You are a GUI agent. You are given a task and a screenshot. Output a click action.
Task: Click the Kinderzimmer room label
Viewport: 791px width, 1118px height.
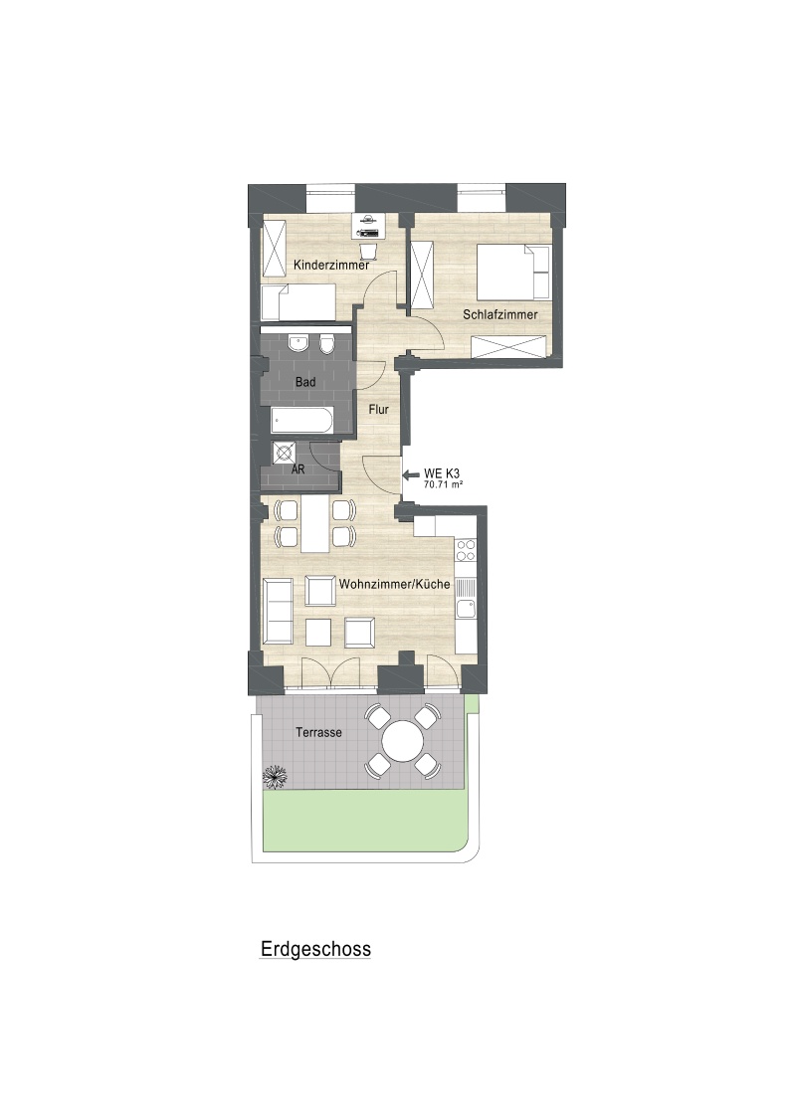click(x=331, y=266)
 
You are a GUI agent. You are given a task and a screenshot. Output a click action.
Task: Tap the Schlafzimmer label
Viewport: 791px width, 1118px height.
click(x=500, y=314)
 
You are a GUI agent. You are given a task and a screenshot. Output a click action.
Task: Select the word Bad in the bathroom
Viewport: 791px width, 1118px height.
click(x=305, y=382)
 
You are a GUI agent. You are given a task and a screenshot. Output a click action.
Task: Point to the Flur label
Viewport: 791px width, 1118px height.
click(x=379, y=409)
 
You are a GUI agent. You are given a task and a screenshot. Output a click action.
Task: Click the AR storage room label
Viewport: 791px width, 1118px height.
click(x=298, y=469)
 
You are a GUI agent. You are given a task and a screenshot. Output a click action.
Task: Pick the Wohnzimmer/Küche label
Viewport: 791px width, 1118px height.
click(x=394, y=584)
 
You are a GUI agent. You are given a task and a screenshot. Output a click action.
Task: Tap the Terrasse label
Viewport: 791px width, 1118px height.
click(x=318, y=732)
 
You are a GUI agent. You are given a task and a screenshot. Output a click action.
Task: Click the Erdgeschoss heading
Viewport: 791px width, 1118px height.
click(x=315, y=949)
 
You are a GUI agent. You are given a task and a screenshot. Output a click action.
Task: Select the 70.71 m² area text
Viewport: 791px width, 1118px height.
click(x=444, y=484)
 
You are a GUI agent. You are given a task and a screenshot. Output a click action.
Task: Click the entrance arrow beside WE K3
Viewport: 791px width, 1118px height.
click(x=411, y=474)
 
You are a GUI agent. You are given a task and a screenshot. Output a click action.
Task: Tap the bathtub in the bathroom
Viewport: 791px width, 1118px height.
click(x=301, y=421)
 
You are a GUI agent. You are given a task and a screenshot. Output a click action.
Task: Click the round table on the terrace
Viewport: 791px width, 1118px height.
click(x=403, y=741)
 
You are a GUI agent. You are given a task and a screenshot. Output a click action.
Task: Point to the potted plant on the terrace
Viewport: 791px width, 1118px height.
click(x=275, y=776)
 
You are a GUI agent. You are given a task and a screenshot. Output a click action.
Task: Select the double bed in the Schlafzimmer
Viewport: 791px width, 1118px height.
click(x=514, y=272)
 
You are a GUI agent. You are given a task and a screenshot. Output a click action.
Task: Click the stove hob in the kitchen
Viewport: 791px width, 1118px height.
click(x=466, y=550)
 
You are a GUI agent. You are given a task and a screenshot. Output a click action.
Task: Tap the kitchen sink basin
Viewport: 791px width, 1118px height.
click(x=466, y=609)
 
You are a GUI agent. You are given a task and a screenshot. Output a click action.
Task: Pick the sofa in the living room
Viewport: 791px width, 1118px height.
click(x=277, y=611)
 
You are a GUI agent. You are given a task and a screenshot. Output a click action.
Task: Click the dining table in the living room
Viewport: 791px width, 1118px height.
click(x=315, y=525)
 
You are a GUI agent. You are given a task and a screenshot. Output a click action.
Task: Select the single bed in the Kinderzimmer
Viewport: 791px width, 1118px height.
click(x=298, y=303)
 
